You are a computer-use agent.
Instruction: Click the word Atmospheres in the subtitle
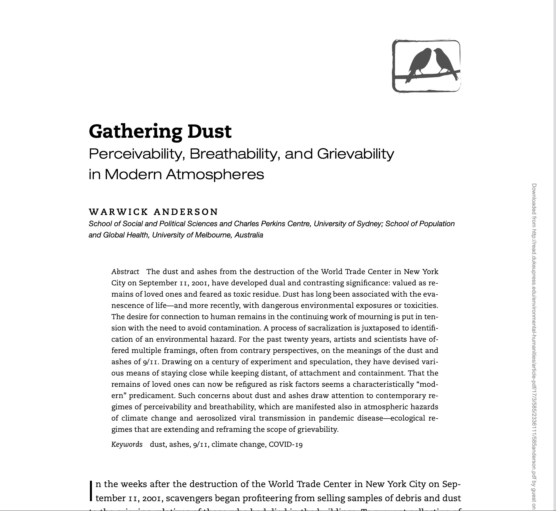[215, 174]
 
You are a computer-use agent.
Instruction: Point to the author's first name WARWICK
[118, 212]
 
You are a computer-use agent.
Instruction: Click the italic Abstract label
[125, 272]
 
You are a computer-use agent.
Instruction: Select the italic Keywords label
[127, 445]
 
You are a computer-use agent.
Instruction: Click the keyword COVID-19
[286, 445]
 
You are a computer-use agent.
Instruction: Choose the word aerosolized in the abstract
[216, 418]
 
